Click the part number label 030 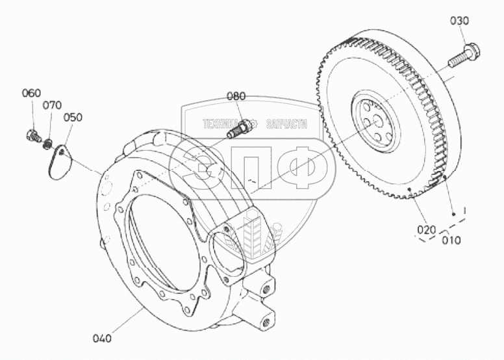459,21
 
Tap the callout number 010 451,240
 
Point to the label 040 102,338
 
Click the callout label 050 73,118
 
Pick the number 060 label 31,93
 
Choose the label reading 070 53,105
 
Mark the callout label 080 236,96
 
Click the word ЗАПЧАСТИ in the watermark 283,123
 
